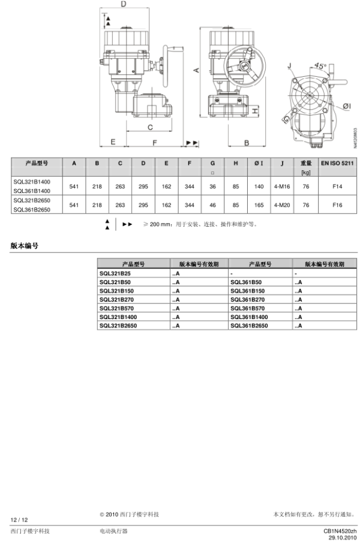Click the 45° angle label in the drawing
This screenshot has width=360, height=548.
click(x=320, y=66)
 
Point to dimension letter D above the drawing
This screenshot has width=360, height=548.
click(x=123, y=4)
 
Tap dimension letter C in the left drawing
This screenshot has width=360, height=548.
click(x=150, y=127)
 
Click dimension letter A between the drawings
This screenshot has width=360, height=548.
click(x=196, y=70)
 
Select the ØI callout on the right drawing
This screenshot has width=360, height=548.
click(x=346, y=106)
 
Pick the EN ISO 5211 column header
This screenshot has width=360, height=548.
click(x=337, y=163)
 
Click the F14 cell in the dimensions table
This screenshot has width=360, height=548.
click(x=337, y=186)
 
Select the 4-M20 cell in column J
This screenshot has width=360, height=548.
click(x=281, y=204)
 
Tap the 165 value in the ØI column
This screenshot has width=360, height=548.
click(x=259, y=204)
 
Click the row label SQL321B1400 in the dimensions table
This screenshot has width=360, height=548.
click(x=32, y=181)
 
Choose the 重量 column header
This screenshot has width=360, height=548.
click(x=305, y=163)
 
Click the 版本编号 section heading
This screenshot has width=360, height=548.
click(x=25, y=245)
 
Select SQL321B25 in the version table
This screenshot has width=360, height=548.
click(x=115, y=273)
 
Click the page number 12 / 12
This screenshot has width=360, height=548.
click(x=19, y=519)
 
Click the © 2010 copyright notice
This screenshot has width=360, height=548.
click(x=129, y=514)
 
